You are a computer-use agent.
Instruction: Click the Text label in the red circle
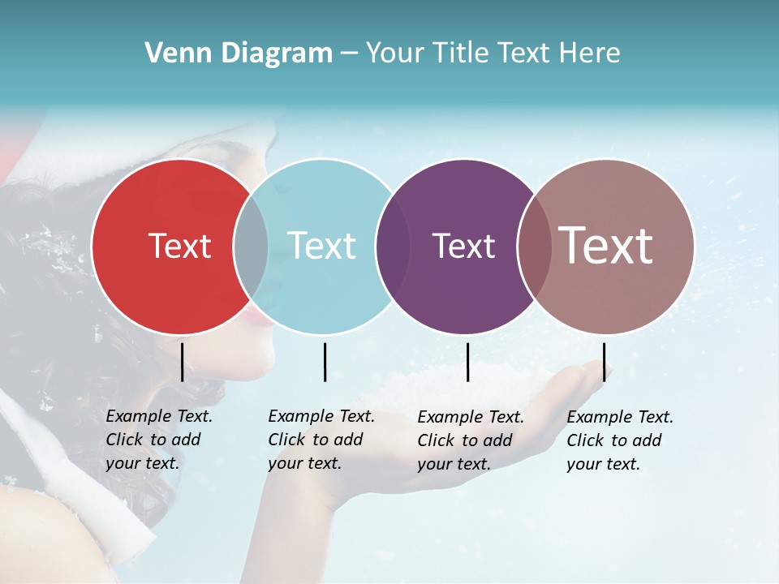point(179,246)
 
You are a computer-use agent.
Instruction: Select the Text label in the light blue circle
point(321,246)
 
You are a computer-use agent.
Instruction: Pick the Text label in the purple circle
point(463,246)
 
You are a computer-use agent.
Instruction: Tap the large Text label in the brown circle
point(606,246)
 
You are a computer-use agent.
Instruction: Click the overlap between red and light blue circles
point(251,246)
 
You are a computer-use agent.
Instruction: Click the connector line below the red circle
point(182,362)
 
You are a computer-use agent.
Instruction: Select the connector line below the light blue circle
point(325,362)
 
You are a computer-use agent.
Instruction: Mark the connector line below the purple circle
point(467,362)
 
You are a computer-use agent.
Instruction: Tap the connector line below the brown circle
point(605,362)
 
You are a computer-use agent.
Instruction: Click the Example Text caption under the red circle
point(158,440)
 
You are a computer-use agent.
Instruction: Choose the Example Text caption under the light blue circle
point(321,440)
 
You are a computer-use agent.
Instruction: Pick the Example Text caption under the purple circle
point(470,440)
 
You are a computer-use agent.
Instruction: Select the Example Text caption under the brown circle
point(619,440)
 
